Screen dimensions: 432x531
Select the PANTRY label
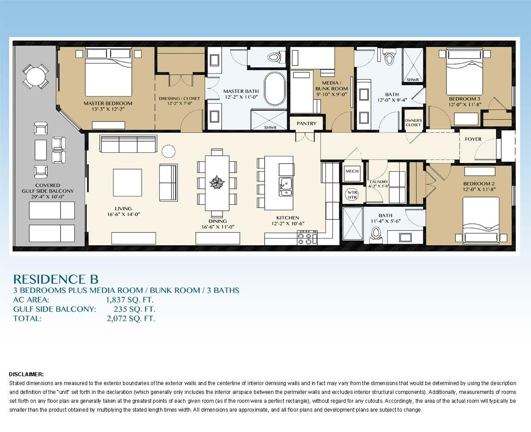click(307, 123)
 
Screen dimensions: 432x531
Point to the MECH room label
click(352, 171)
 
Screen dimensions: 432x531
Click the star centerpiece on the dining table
click(217, 182)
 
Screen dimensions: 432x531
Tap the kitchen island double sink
click(285, 186)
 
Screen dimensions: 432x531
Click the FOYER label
click(473, 139)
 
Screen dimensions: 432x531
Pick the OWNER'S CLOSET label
click(413, 123)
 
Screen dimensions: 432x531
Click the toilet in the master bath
click(274, 58)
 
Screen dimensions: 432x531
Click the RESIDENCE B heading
click(56, 279)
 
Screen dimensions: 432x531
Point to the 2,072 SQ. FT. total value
click(131, 318)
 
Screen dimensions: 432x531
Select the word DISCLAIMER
click(26, 374)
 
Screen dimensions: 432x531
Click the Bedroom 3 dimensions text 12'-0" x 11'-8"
click(464, 104)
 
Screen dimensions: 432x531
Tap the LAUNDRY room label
click(379, 182)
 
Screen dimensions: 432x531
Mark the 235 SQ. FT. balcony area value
click(135, 309)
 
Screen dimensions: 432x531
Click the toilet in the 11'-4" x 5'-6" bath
click(377, 233)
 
